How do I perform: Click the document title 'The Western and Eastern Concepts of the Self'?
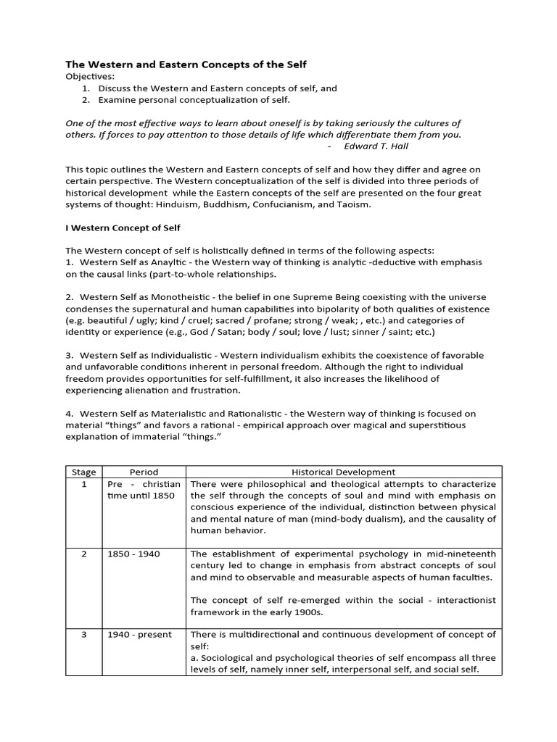click(x=186, y=64)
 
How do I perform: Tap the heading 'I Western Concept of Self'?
click(x=123, y=228)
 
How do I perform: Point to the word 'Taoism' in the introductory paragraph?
click(x=353, y=204)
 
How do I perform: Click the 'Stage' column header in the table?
click(x=84, y=472)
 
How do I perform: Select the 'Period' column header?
click(x=144, y=472)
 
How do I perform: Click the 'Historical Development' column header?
click(x=343, y=472)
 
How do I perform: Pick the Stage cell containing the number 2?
click(x=84, y=554)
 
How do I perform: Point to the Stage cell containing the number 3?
click(x=84, y=634)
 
